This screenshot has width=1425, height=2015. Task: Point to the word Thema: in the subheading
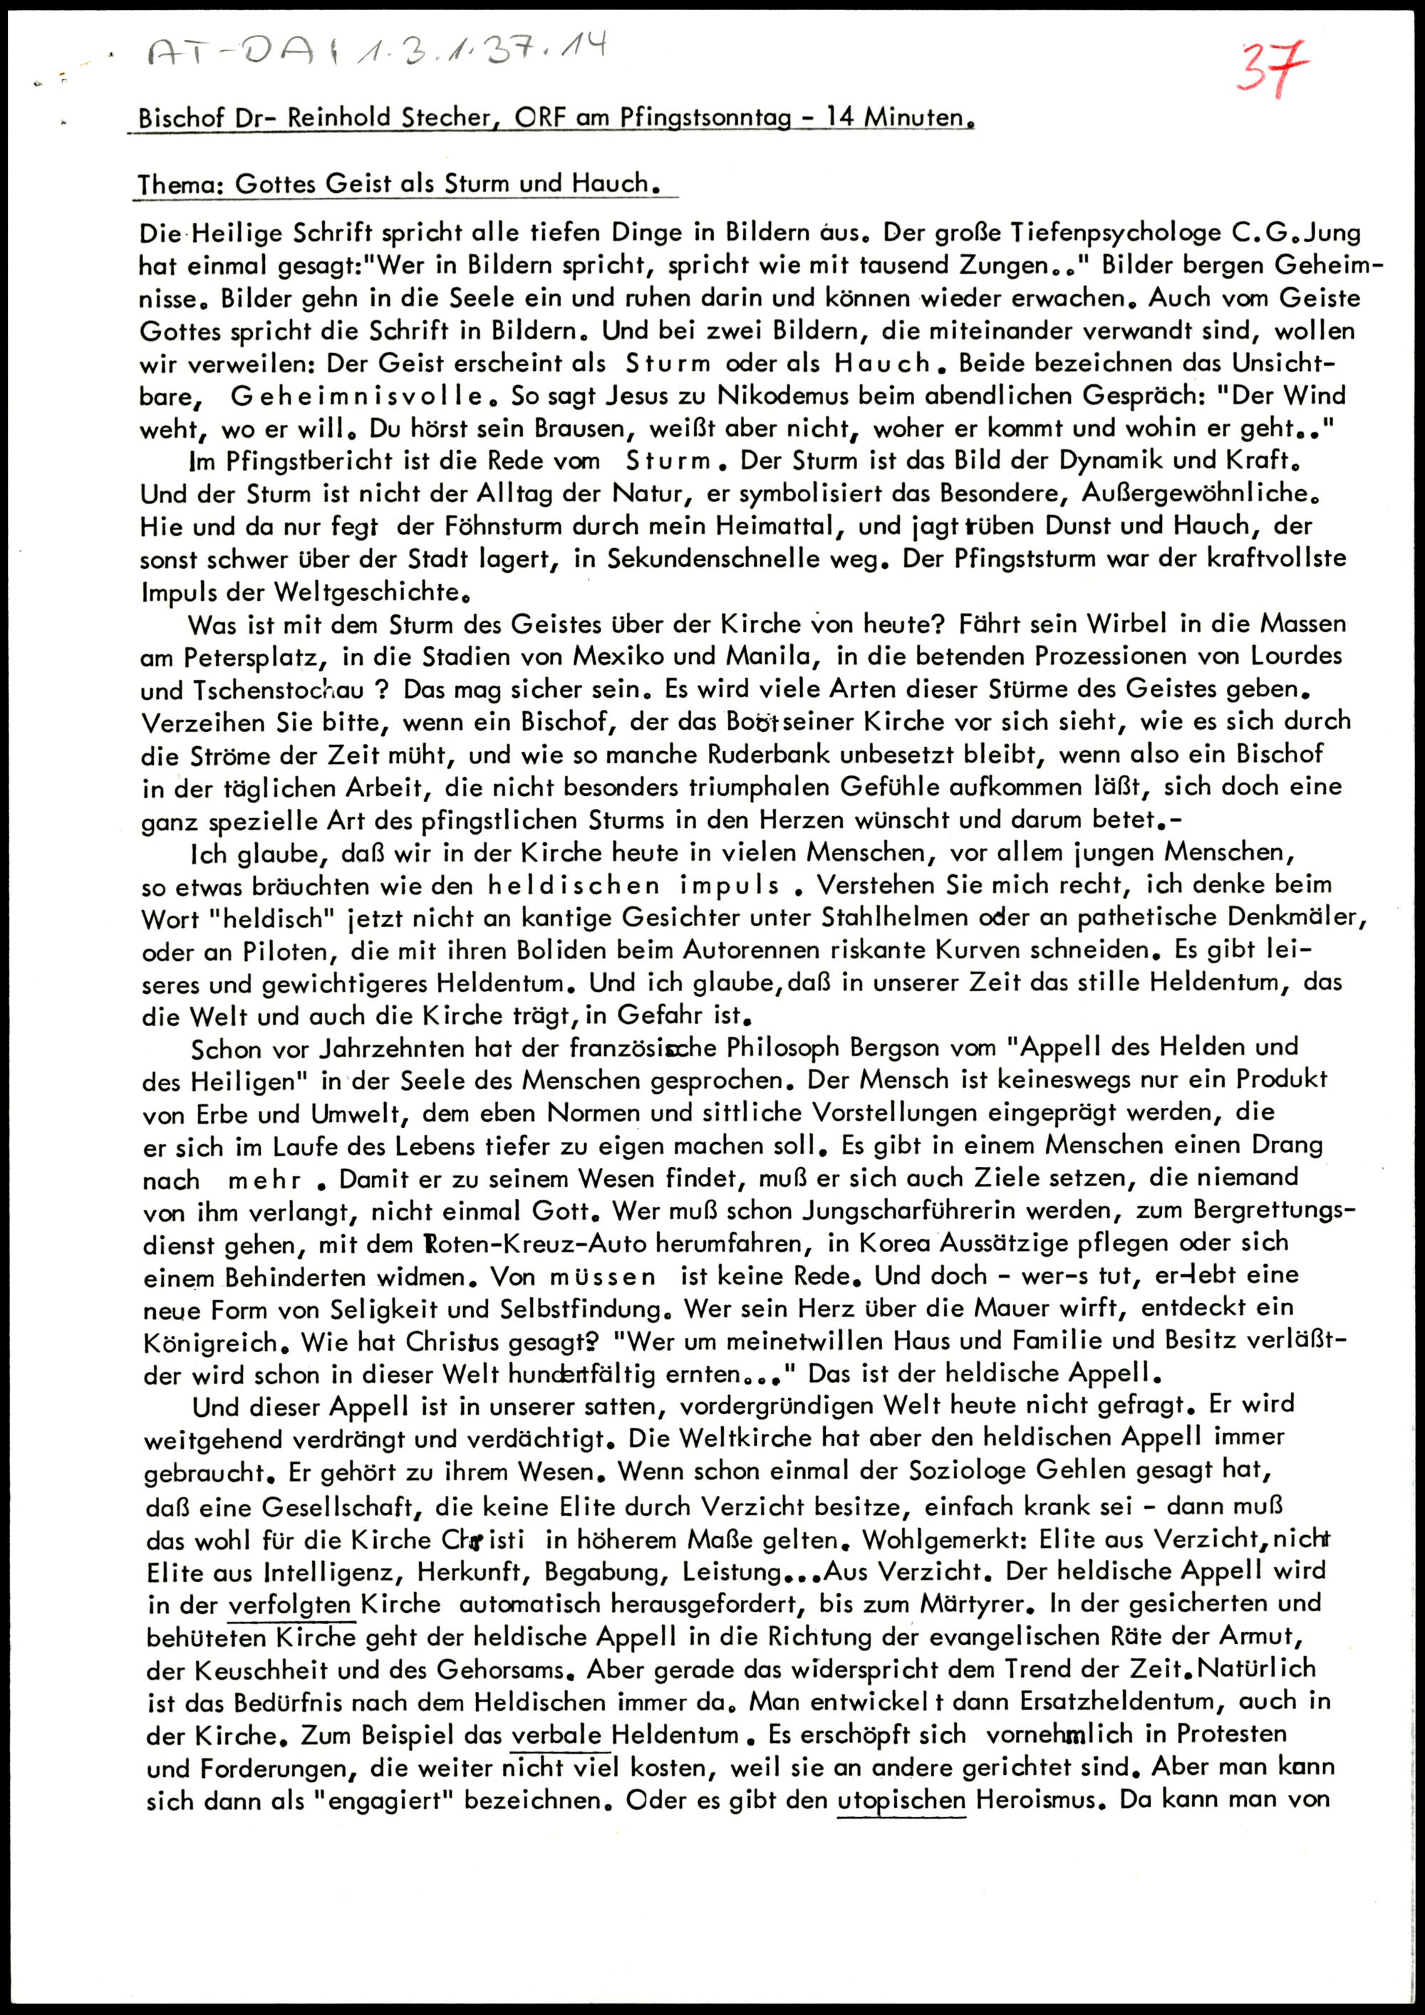pos(181,184)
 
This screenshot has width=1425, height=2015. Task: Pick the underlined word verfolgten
pos(290,1603)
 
